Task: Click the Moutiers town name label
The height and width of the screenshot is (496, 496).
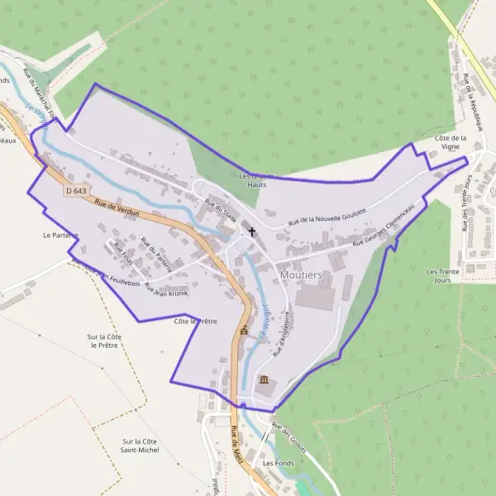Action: click(301, 274)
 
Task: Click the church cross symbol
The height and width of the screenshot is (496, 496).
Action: click(252, 233)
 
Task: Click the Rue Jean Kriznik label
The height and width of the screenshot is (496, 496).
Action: click(167, 290)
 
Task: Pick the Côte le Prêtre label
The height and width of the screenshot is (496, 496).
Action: click(195, 321)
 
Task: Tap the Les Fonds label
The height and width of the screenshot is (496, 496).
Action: click(279, 463)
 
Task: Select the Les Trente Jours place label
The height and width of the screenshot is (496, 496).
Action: click(443, 275)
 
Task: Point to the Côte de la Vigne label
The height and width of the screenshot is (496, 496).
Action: click(451, 141)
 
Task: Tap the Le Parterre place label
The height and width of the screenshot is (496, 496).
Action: click(60, 235)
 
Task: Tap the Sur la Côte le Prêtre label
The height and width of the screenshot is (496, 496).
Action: click(104, 341)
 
